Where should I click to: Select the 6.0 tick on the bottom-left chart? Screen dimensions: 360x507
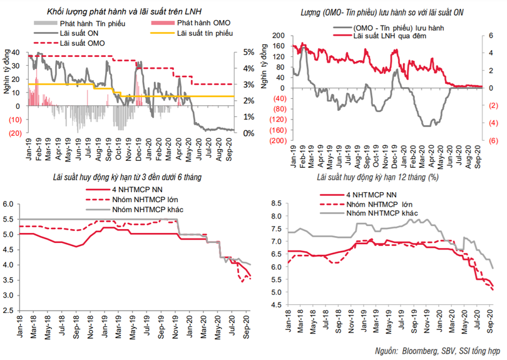[x=9, y=205]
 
